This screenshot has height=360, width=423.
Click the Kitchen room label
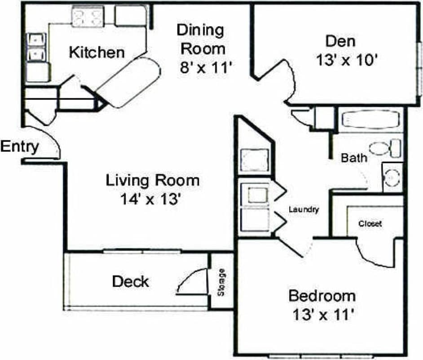point(97,52)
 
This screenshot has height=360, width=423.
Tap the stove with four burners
point(86,18)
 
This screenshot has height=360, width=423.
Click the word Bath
point(354,158)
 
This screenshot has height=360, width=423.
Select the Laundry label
point(304,209)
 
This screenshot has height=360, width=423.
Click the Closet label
point(370,223)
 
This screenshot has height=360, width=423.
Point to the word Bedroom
point(322,296)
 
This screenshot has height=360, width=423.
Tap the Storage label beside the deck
point(221,282)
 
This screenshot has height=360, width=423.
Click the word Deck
point(130,282)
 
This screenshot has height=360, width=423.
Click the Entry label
point(20,147)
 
